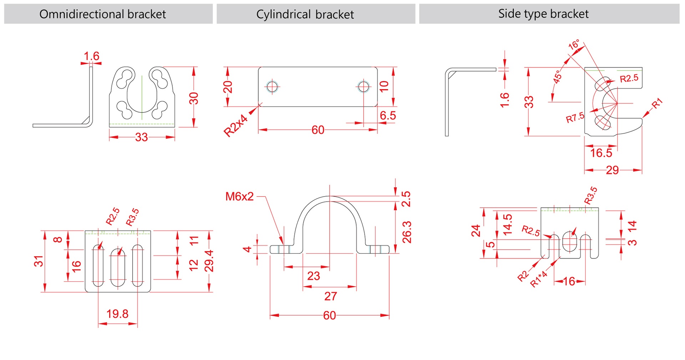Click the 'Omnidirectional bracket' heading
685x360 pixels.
click(x=102, y=14)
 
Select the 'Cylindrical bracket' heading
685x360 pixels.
click(x=305, y=14)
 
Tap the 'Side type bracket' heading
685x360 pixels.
click(x=543, y=14)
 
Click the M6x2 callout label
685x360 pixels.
click(x=239, y=196)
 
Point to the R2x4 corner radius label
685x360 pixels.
click(x=235, y=126)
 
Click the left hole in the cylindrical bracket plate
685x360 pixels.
click(x=272, y=86)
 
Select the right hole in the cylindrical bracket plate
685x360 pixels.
click(x=364, y=86)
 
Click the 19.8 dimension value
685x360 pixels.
click(x=117, y=314)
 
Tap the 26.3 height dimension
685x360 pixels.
click(x=407, y=232)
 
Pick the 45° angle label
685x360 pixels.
click(x=557, y=77)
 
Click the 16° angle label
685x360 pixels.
click(x=574, y=45)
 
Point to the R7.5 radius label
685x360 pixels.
click(x=575, y=117)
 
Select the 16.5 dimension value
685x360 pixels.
click(x=601, y=153)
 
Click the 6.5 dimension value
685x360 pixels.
click(x=388, y=115)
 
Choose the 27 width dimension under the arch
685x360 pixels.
click(x=331, y=296)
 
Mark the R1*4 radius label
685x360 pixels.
click(x=538, y=279)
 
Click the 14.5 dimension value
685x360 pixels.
click(x=507, y=224)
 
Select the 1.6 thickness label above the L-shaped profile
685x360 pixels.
click(x=91, y=56)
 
